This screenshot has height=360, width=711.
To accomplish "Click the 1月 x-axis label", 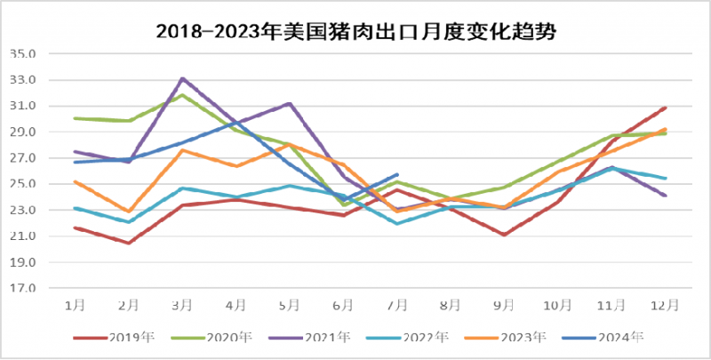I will (75, 304).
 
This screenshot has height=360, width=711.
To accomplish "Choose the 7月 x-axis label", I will (396, 304).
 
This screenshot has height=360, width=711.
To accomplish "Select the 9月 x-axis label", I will (504, 304).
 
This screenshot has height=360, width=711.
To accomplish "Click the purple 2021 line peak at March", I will (182, 78).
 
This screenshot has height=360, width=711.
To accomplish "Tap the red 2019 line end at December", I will (666, 108).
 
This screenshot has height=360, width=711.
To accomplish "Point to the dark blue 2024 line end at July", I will (397, 174).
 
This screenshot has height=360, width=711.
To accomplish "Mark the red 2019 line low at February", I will (129, 243).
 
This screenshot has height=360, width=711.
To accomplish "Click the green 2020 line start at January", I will (75, 118).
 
